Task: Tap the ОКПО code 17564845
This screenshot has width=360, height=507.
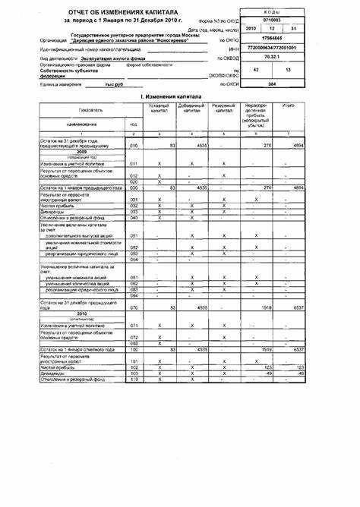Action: [273, 38]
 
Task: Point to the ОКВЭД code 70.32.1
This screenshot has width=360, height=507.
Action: [273, 55]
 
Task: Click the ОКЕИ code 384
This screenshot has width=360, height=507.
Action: [273, 84]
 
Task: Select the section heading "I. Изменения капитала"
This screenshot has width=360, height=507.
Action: [180, 99]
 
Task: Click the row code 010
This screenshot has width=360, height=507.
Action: [134, 145]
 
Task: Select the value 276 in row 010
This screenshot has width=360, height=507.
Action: [257, 145]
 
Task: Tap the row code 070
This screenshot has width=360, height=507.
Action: [134, 308]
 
